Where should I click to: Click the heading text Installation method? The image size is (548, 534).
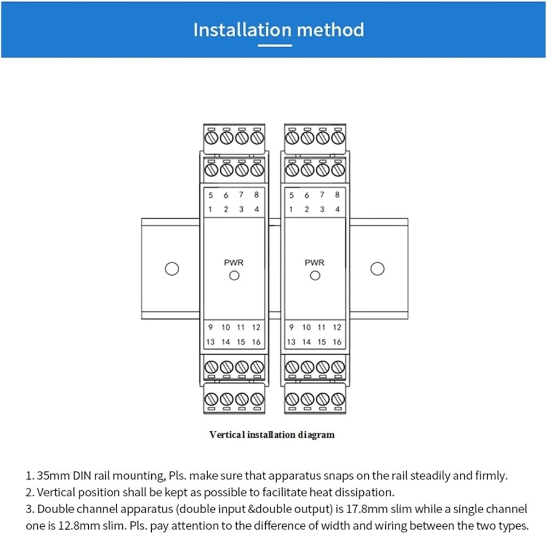coord(278,29)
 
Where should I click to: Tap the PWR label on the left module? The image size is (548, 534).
coord(234,263)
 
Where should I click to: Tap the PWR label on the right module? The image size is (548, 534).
coord(315,263)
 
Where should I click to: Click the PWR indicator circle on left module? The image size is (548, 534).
coord(234,276)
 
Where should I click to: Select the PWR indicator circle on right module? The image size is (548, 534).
coord(315,276)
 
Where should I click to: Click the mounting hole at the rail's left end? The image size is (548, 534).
coord(172,269)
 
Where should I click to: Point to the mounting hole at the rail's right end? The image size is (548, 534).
coord(377,269)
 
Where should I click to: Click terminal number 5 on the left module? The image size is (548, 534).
coord(210,195)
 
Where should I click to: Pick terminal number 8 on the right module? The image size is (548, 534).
coord(337,195)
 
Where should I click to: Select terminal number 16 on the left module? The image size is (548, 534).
coord(256,342)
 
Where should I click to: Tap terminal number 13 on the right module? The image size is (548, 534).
coord(291,342)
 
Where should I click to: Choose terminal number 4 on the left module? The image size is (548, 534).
coord(256,209)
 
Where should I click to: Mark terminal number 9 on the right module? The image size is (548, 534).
coord(291,327)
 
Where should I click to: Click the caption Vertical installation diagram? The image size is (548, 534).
coord(272,435)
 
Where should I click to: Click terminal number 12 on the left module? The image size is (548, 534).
coord(256,327)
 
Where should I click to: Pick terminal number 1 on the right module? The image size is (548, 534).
coord(291,209)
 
